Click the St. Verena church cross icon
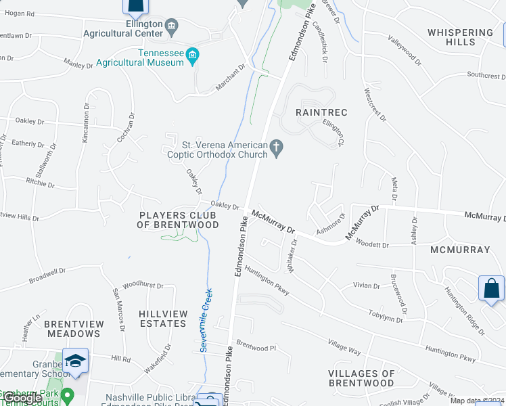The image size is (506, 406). click(276, 146)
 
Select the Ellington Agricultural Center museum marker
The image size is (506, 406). click(171, 27)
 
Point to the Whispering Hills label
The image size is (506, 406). click(461, 37)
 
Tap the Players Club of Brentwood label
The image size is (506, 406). click(179, 220)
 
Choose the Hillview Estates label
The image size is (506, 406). click(162, 319)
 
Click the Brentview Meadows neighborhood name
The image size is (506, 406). click(72, 329)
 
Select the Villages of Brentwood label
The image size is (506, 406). click(361, 378)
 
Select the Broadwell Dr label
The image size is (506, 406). click(47, 275)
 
